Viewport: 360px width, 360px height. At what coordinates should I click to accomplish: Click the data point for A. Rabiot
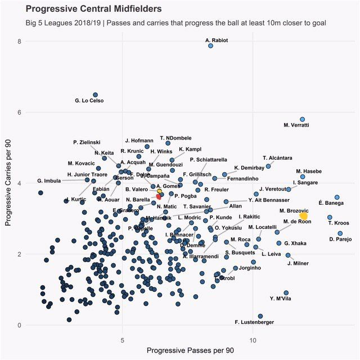coord(210,46)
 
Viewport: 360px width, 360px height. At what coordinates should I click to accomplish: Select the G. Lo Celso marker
coord(95,95)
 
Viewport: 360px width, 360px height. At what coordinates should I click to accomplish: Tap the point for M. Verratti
coord(302,120)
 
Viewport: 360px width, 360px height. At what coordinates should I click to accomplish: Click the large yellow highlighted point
coord(304,216)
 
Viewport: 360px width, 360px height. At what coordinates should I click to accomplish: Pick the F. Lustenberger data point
coord(260,316)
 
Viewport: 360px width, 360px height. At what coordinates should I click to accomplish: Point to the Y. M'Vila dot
coord(286,293)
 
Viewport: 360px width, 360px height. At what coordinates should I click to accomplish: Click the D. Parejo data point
coord(340,233)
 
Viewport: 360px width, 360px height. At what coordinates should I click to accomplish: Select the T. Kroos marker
coord(330,217)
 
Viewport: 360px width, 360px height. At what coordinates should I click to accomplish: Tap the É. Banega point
coord(337,197)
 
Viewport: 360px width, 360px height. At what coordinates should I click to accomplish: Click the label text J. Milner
coord(297,263)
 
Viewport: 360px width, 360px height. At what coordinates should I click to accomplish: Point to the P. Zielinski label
coord(87,142)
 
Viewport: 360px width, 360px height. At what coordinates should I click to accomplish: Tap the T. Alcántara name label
coord(277,157)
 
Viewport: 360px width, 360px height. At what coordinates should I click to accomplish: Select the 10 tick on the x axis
coord(253,340)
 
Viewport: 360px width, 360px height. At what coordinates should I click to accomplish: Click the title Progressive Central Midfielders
coord(93,9)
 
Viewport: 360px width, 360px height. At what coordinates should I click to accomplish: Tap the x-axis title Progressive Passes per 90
coord(190,350)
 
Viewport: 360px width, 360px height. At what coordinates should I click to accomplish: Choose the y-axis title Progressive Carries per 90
coord(8,183)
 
